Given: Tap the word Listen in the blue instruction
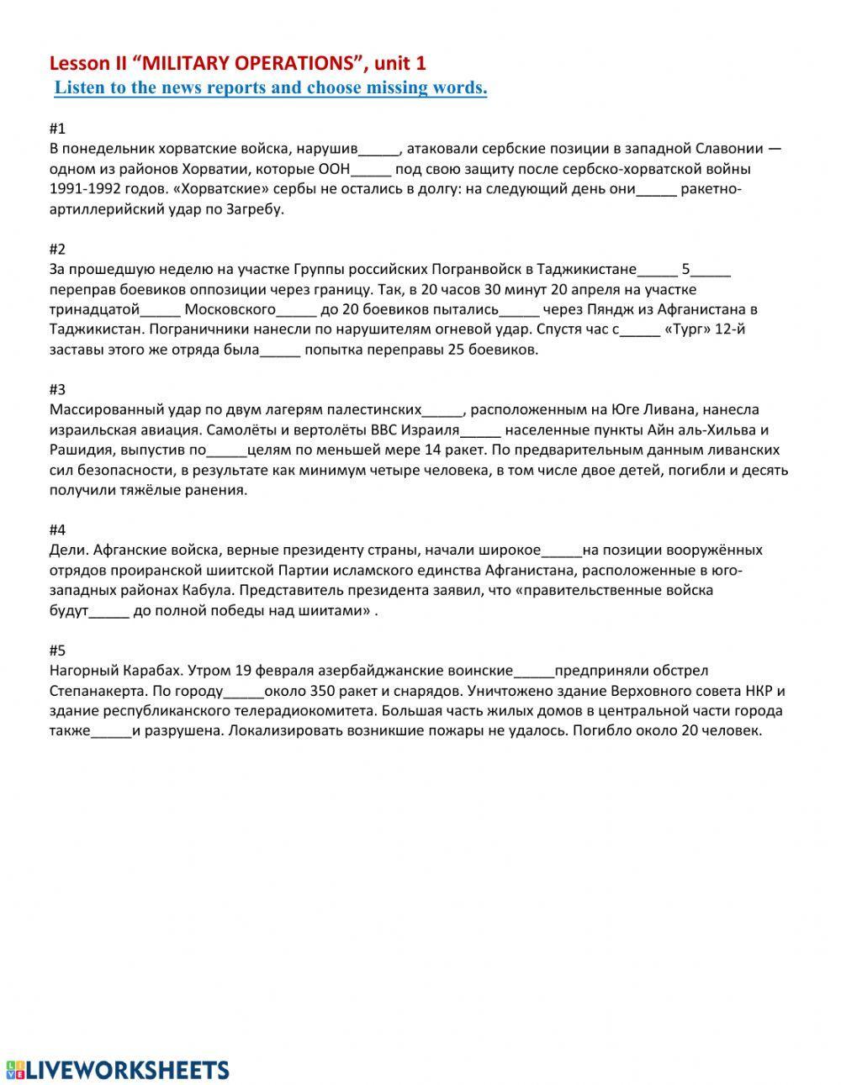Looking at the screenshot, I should tap(78, 87).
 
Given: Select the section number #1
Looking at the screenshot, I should tap(57, 129).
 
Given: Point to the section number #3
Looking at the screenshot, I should tap(57, 389).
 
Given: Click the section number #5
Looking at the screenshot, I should tap(57, 650).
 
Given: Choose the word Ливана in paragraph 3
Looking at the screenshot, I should tap(650, 410).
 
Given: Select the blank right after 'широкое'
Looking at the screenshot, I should tap(562, 550).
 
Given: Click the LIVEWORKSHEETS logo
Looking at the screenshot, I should tap(118, 1046).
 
